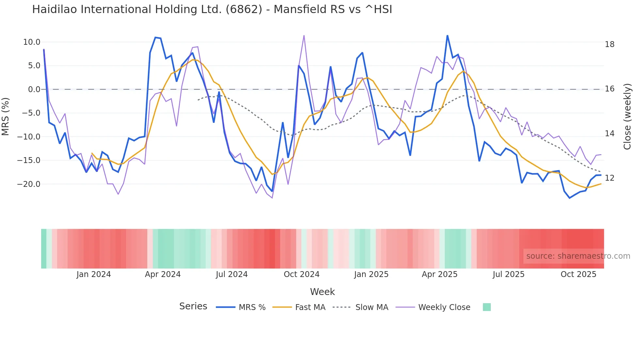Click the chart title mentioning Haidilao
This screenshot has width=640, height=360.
pyautogui.click(x=212, y=9)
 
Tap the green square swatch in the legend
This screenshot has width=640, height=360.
pyautogui.click(x=487, y=307)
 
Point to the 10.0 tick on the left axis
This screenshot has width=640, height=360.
pyautogui.click(x=32, y=42)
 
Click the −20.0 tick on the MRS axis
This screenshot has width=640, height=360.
pyautogui.click(x=29, y=184)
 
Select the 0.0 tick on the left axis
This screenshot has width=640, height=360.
pyautogui.click(x=34, y=90)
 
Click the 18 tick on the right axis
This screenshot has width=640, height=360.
pyautogui.click(x=609, y=44)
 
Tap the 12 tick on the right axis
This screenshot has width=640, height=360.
pyautogui.click(x=609, y=178)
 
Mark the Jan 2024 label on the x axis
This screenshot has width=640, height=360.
pyautogui.click(x=94, y=274)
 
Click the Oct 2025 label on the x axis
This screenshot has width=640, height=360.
pyautogui.click(x=578, y=274)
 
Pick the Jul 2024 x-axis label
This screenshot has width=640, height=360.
pyautogui.click(x=232, y=274)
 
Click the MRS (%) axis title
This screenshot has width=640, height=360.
pyautogui.click(x=6, y=116)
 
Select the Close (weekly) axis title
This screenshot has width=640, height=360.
pyautogui.click(x=627, y=116)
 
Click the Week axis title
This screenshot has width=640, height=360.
pyautogui.click(x=322, y=292)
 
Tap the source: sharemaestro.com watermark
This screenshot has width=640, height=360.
pyautogui.click(x=578, y=256)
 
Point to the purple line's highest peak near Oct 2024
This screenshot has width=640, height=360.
pyautogui.click(x=304, y=36)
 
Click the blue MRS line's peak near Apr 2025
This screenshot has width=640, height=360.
pyautogui.click(x=447, y=36)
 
